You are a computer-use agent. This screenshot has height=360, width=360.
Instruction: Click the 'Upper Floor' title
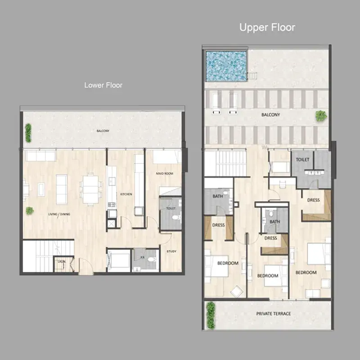267,27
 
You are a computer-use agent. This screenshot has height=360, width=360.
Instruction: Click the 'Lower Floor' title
103,85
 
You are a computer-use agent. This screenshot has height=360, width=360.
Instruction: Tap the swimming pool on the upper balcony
226,66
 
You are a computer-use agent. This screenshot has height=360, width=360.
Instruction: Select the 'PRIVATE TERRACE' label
274,314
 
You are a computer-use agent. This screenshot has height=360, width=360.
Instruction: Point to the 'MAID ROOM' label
165,174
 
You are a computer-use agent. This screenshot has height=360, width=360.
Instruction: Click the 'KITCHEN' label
126,194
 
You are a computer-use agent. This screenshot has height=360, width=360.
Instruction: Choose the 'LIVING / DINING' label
59,214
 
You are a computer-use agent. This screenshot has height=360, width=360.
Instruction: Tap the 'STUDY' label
171,252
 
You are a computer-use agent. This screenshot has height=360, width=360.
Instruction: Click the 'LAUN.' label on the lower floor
62,261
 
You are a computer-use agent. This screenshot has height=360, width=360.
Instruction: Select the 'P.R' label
143,257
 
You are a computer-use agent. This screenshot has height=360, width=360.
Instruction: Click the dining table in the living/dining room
91,189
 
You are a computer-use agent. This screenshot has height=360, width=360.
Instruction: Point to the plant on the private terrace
211,315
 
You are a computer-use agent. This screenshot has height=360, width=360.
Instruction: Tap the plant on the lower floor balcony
28,133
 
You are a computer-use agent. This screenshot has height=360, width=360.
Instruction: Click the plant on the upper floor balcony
321,116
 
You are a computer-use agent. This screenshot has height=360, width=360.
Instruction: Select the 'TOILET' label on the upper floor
302,160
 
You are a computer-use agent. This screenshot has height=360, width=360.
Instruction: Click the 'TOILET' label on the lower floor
171,208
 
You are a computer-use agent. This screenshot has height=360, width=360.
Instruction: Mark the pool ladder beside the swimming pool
252,76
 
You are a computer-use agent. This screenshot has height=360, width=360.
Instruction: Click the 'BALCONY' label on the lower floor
103,131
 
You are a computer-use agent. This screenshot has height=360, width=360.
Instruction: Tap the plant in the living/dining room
30,210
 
